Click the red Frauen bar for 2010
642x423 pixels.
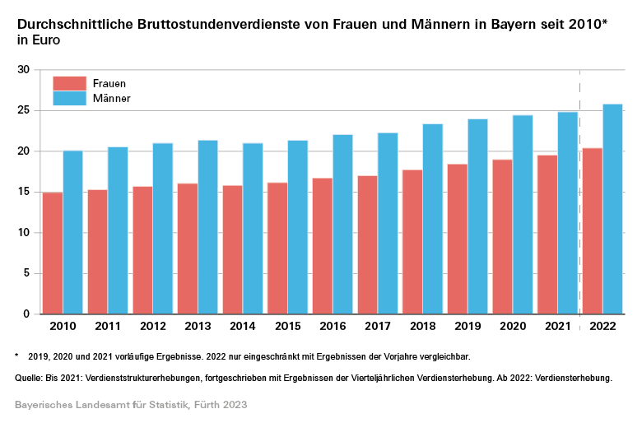tap(53, 253)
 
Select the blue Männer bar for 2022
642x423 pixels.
tap(612, 209)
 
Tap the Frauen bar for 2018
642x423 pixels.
tap(412, 242)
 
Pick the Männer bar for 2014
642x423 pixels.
tap(253, 229)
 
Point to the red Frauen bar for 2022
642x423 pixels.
tap(593, 231)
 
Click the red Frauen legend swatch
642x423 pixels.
tap(69, 83)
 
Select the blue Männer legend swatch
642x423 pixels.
tap(69, 98)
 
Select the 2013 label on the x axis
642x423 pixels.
tap(198, 327)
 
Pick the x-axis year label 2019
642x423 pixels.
tap(468, 327)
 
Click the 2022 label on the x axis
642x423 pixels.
tap(602, 327)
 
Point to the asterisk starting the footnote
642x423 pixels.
tap(16, 356)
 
